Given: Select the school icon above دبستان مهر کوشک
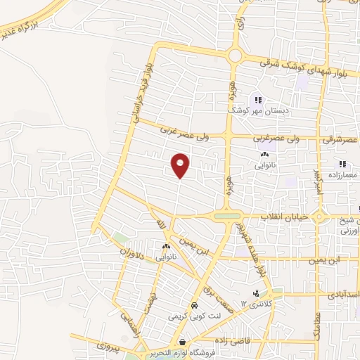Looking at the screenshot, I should [258, 100].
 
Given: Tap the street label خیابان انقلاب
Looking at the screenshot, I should [285, 216].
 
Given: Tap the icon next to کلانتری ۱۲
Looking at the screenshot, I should [256, 293].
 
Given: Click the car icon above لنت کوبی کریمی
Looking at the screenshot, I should [193, 307].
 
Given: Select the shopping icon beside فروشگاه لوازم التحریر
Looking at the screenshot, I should [183, 342].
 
